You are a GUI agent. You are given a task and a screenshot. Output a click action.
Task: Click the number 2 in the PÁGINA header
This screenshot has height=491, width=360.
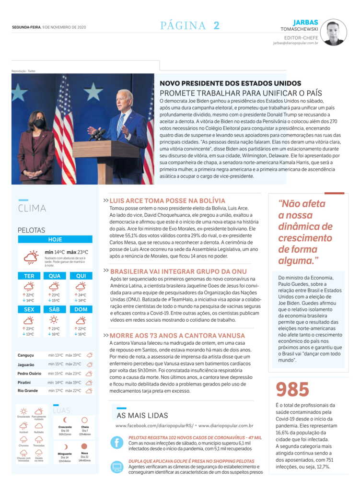click(x=217, y=26)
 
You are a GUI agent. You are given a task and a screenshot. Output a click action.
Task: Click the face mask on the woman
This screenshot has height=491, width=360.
click(x=39, y=123)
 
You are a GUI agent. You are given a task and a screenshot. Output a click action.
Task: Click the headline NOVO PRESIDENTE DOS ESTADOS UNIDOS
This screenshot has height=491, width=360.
click(x=230, y=83)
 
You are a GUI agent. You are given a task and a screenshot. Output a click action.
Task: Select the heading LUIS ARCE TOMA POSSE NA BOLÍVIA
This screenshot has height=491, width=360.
click(x=167, y=200)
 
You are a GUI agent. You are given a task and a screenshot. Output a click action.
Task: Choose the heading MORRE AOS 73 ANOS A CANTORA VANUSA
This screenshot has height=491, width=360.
click(x=177, y=336)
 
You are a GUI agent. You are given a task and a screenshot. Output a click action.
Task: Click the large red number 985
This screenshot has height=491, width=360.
click(x=292, y=390)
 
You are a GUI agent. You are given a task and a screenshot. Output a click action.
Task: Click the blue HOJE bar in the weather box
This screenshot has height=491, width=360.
click(x=55, y=239)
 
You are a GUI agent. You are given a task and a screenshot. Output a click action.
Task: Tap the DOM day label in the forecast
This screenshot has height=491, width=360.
click(x=81, y=309)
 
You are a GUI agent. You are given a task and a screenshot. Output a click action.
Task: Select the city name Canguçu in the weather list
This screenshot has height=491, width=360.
click(x=26, y=355)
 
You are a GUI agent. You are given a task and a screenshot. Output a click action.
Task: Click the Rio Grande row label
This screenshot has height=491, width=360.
click(x=27, y=391)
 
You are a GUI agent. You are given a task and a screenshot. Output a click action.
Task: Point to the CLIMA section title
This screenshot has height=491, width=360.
click(x=32, y=209)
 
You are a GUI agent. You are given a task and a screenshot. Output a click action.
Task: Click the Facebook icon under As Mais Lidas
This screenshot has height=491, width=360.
click(x=117, y=443)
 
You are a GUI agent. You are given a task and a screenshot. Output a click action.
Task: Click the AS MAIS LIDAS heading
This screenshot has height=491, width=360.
click(x=142, y=415)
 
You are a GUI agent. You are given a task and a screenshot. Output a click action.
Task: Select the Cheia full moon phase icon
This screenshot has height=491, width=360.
click(x=85, y=420)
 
